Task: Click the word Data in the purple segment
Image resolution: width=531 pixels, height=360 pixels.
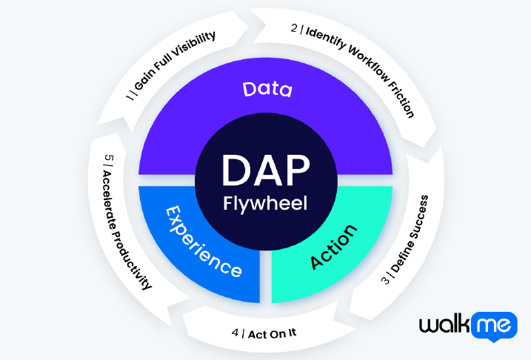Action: (267, 90)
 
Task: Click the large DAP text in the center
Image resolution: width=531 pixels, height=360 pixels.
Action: (266, 171)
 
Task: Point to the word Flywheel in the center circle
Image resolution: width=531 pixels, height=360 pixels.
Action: (266, 203)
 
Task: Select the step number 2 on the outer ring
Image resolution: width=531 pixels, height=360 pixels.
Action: (294, 29)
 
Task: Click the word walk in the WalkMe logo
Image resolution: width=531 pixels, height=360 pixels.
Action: (445, 327)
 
